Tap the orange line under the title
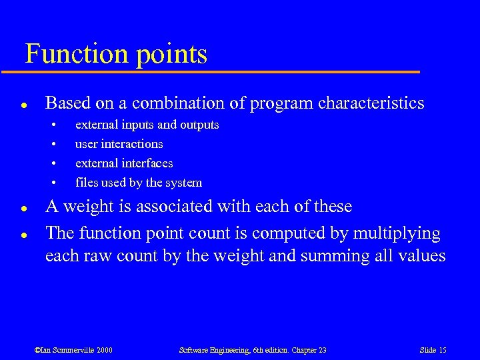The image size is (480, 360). click(220, 71)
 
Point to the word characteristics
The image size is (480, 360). click(371, 103)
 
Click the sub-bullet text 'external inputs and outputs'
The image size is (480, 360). click(147, 125)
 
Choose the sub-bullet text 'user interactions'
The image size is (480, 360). click(119, 144)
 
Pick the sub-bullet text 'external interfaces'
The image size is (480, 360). click(124, 163)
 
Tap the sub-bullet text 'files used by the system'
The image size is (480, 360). click(138, 183)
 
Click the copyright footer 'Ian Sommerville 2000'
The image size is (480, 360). click(73, 350)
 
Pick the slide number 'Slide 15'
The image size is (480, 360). click(433, 350)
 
